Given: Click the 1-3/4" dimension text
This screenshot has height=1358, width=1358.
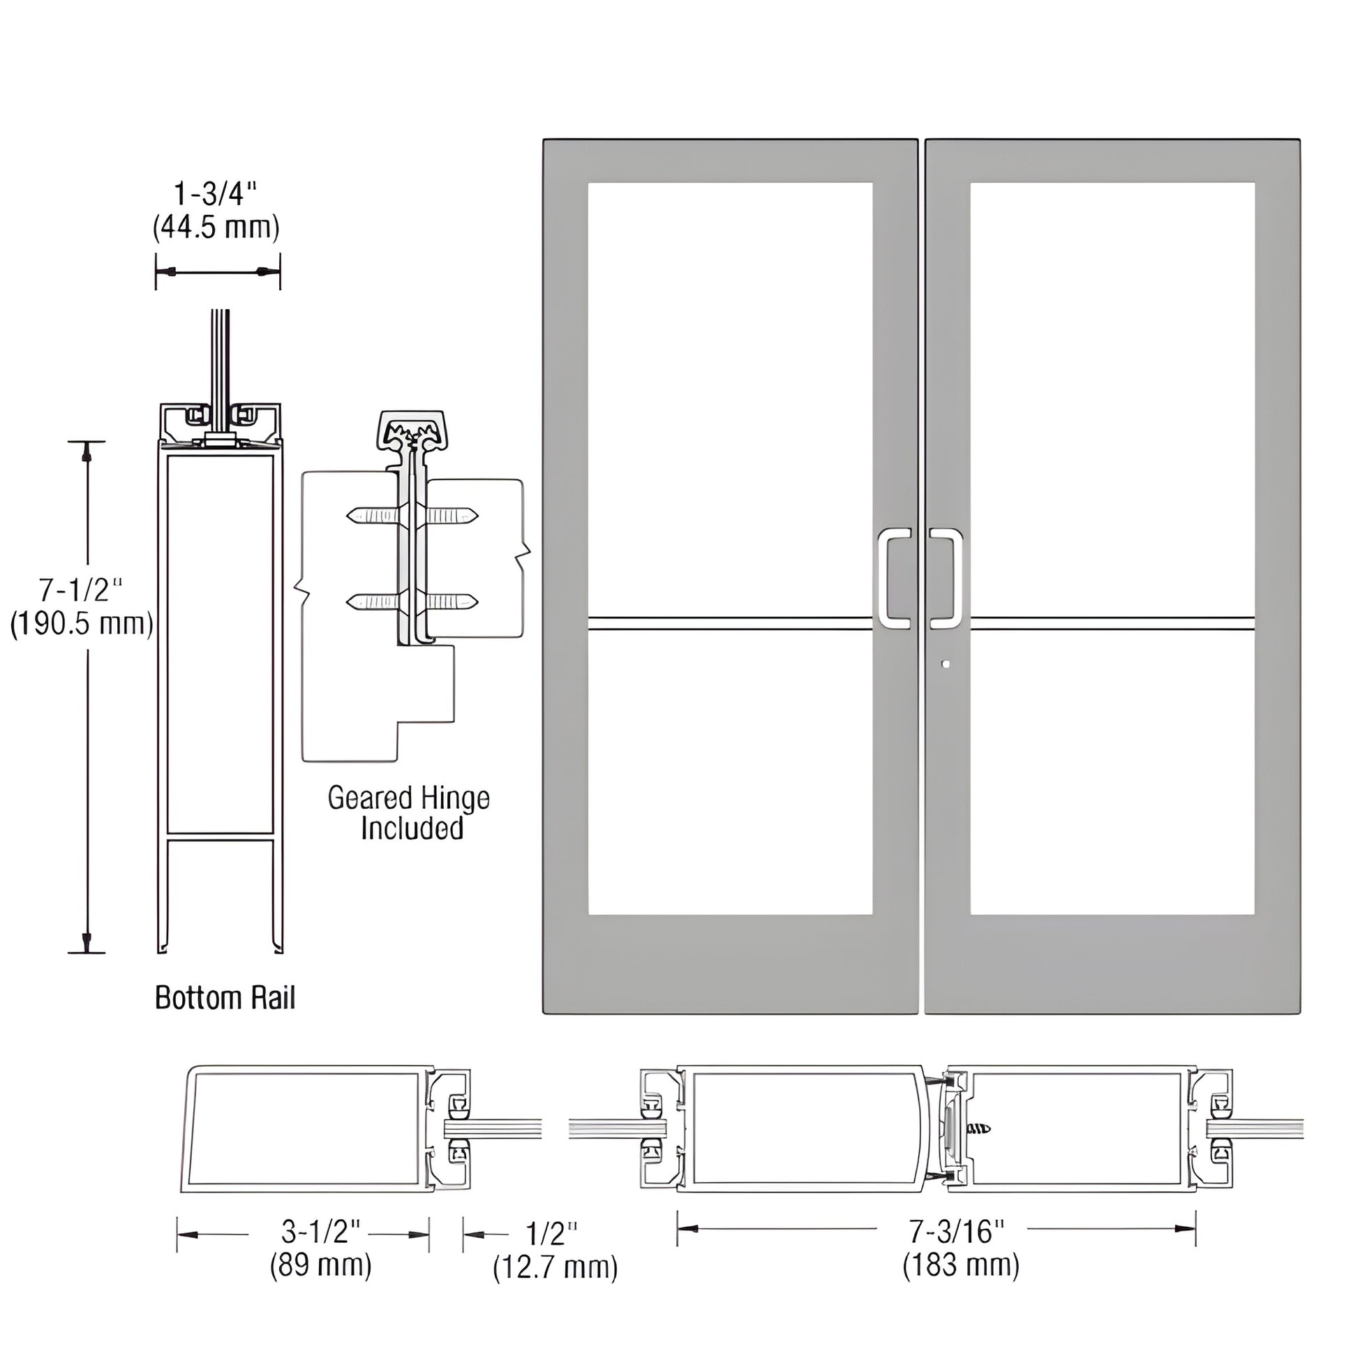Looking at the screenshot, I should coord(216,194).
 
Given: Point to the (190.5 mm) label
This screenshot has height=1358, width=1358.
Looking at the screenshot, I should coord(82,623).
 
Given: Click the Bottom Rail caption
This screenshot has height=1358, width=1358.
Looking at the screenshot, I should coord(225,997).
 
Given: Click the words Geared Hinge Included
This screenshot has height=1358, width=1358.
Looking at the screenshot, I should coord(409,813).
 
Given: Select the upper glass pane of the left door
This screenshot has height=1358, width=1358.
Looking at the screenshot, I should coord(730,398).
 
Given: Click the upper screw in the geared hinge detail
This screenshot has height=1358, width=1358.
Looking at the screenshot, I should coord(412,516).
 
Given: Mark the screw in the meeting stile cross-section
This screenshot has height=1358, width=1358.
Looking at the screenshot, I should coord(980,1130).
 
